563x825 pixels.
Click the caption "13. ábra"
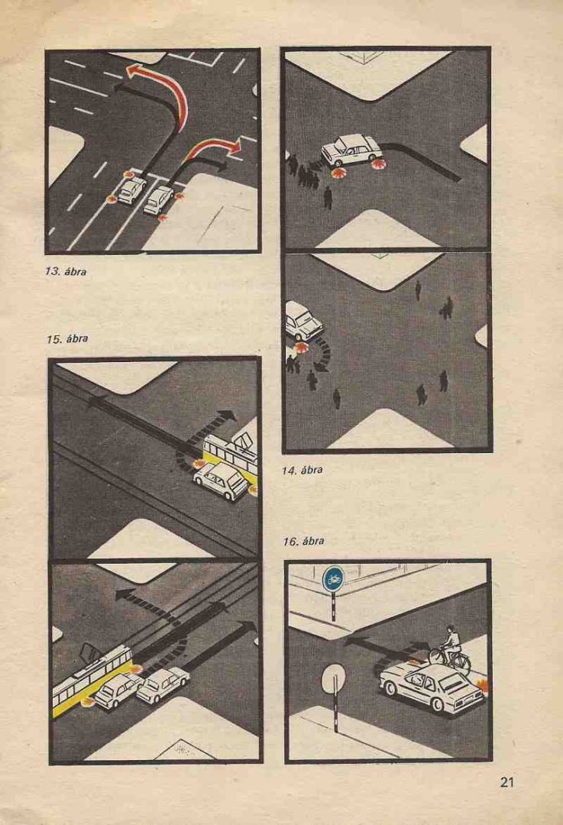(x=66, y=272)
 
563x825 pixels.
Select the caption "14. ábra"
(x=302, y=470)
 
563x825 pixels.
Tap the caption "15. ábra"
(x=66, y=339)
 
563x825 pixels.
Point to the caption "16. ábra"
(x=303, y=541)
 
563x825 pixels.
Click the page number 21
(x=506, y=782)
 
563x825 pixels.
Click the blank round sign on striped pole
(x=334, y=679)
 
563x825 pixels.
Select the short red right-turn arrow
(x=213, y=148)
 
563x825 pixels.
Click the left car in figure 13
(x=131, y=189)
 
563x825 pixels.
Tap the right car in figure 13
(x=158, y=199)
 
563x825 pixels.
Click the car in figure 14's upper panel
(x=351, y=150)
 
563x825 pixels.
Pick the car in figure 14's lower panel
(x=303, y=320)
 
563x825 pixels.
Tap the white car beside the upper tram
(x=221, y=481)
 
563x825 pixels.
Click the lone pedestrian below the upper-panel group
(x=328, y=198)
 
